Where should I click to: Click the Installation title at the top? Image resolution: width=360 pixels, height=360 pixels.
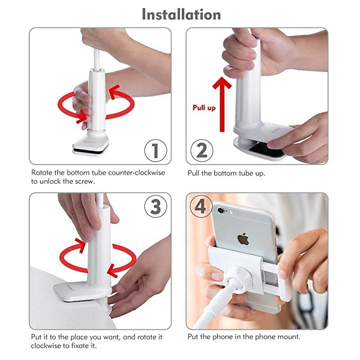181,14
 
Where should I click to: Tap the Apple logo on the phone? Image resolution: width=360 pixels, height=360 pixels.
243,238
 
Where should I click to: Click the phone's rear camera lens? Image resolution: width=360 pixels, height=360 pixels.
220,209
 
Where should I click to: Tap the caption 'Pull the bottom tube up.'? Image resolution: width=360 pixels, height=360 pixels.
226,173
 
